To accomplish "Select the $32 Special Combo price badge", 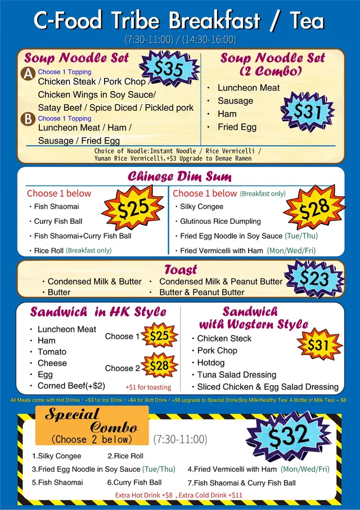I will pos(287,435).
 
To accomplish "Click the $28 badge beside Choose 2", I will pos(159,366).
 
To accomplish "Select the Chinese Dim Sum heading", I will pos(179,177).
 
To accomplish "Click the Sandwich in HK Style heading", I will pos(98,312).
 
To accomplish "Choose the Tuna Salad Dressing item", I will pos(237,374).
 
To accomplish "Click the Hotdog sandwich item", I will pos(211,363).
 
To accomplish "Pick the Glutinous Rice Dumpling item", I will pos(220,221).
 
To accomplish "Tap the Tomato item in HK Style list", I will pos(52,351).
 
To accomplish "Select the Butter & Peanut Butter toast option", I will pos(202,292).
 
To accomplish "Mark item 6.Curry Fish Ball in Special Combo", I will pos(134,482).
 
